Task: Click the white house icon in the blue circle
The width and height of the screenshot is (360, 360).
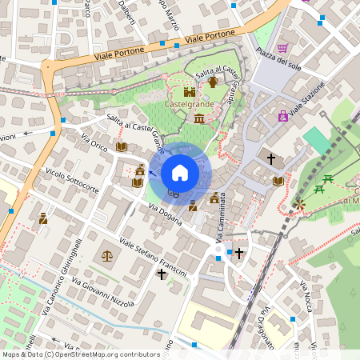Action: pos(180,172)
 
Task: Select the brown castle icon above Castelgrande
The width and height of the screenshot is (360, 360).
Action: pos(190,92)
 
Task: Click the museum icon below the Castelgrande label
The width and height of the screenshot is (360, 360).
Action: pos(198,119)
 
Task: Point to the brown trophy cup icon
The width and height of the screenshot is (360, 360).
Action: pos(213,82)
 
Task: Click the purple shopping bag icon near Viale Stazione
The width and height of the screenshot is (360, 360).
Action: pos(282,116)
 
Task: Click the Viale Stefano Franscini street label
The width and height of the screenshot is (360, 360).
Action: pos(153,257)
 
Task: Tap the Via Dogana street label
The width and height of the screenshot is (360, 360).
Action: pos(166,215)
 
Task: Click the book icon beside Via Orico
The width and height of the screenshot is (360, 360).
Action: pos(122,146)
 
